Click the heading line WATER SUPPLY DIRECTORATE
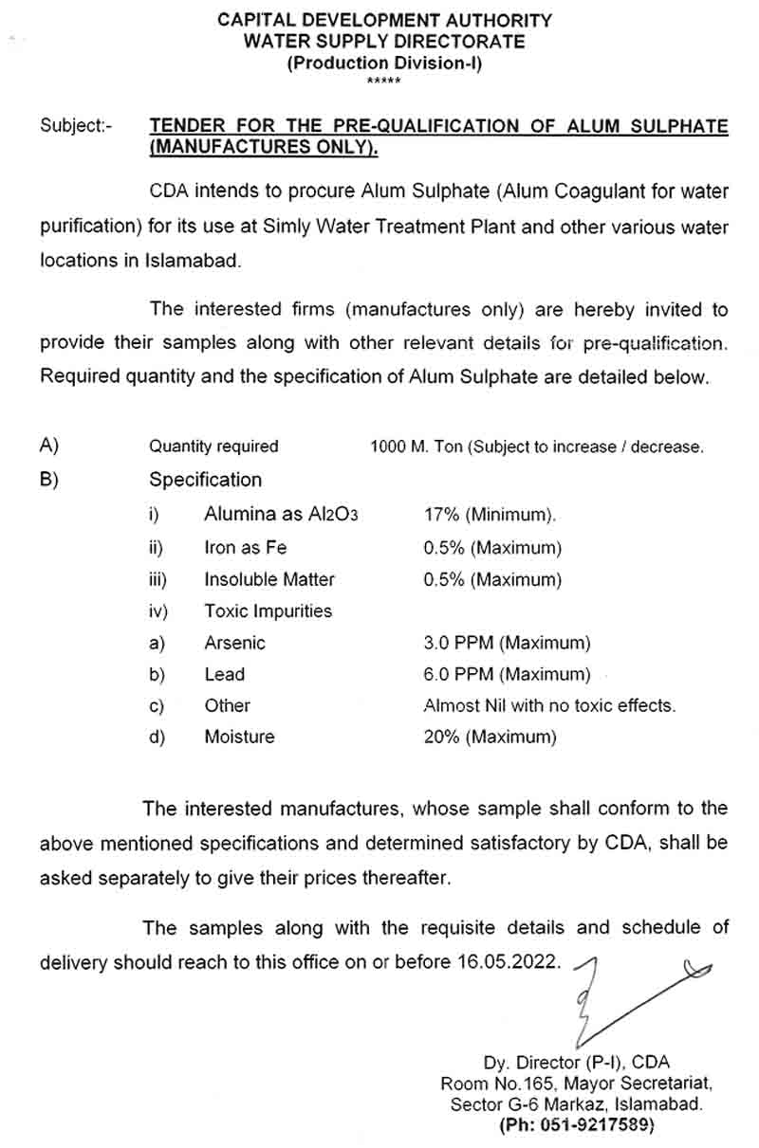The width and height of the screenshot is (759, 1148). [384, 42]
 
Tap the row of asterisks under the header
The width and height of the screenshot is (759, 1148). [384, 82]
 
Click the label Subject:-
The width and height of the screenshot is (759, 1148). [76, 126]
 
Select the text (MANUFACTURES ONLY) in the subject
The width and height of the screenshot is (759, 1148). [263, 147]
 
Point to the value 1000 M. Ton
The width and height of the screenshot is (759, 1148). [416, 446]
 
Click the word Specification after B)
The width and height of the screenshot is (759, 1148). [205, 480]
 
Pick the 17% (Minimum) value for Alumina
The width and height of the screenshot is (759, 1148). [490, 515]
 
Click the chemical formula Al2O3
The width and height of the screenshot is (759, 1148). [333, 515]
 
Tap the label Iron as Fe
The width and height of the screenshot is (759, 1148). [245, 547]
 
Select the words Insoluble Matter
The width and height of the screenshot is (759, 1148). [269, 579]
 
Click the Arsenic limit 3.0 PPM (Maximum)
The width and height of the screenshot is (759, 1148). [507, 643]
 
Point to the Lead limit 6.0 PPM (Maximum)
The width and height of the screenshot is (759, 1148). [507, 674]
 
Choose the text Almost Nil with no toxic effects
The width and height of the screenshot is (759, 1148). [549, 705]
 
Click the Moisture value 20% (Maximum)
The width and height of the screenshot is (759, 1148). [490, 737]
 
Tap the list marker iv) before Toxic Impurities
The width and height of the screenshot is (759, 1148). [157, 611]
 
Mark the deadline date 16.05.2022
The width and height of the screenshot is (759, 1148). [508, 961]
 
